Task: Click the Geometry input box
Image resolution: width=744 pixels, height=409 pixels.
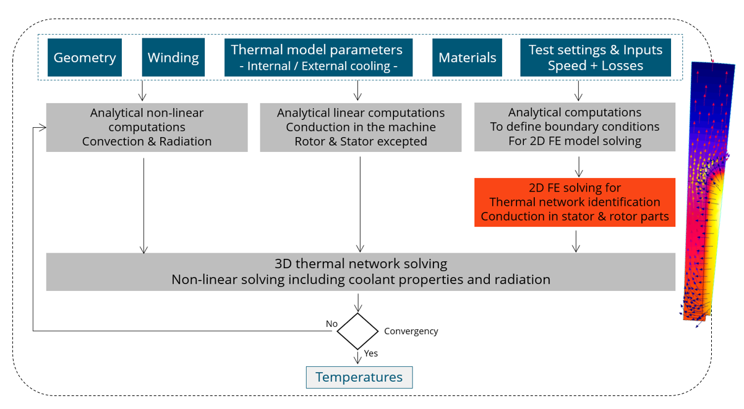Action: click(x=85, y=57)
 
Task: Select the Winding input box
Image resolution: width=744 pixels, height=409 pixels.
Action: click(x=173, y=57)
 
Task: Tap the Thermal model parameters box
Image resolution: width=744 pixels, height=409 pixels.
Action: click(x=317, y=57)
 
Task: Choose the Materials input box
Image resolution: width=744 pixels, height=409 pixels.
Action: click(x=467, y=57)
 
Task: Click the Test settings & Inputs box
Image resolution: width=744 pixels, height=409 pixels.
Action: click(x=595, y=57)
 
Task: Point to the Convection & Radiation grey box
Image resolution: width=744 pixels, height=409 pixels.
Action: click(x=147, y=127)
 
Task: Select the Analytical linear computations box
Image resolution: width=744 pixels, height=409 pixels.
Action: click(x=361, y=127)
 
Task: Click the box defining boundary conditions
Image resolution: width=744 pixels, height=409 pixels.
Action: click(x=575, y=127)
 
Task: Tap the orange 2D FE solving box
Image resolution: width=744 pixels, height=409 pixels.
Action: click(x=575, y=202)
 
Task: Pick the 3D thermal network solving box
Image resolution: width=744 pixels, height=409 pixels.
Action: click(x=361, y=272)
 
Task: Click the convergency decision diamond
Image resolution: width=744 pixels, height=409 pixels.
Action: click(x=357, y=331)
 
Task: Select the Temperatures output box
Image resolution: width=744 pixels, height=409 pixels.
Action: click(x=359, y=377)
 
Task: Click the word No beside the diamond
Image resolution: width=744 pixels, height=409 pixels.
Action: click(x=332, y=324)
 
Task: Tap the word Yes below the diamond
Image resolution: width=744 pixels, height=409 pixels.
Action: click(x=371, y=353)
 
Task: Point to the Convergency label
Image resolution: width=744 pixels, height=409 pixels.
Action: click(x=411, y=331)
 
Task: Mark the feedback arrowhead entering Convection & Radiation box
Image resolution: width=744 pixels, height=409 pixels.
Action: click(x=43, y=128)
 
